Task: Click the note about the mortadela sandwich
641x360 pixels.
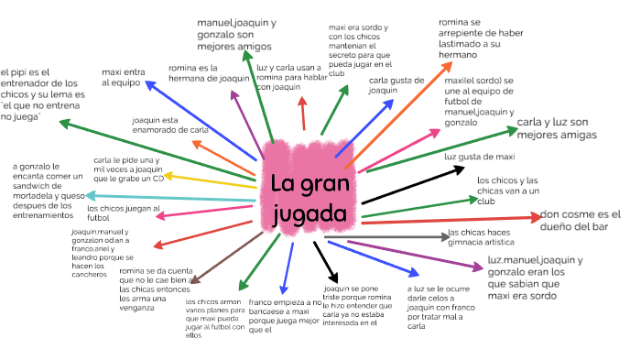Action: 48,191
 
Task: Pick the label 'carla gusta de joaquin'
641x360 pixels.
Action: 395,85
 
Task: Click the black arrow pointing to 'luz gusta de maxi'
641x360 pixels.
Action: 403,184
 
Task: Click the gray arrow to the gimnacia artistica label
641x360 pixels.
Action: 403,237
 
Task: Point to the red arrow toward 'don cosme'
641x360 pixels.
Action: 449,219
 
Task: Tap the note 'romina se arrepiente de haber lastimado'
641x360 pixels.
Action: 481,38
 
